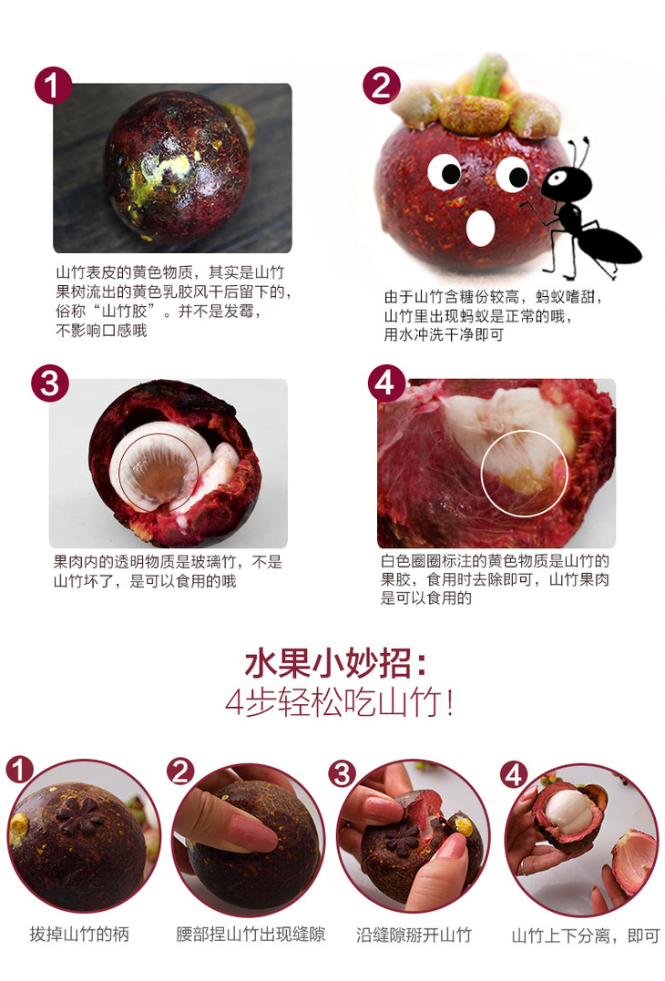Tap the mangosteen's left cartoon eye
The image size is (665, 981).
coord(445,171)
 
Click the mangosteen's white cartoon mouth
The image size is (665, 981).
coord(480,228)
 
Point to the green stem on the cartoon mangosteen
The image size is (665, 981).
coord(488,75)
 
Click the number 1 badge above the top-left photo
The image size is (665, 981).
coord(53,85)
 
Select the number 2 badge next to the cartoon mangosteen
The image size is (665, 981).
coord(382,85)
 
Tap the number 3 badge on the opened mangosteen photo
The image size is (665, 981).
coord(50,383)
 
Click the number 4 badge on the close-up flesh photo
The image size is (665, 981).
coord(386,383)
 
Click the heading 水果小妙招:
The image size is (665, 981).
coord(336,663)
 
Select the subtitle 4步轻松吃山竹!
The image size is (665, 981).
coord(339,702)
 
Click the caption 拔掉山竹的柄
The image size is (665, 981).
coord(79,935)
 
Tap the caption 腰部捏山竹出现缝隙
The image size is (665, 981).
coord(251,935)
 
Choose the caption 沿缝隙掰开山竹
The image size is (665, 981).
coord(414,935)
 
